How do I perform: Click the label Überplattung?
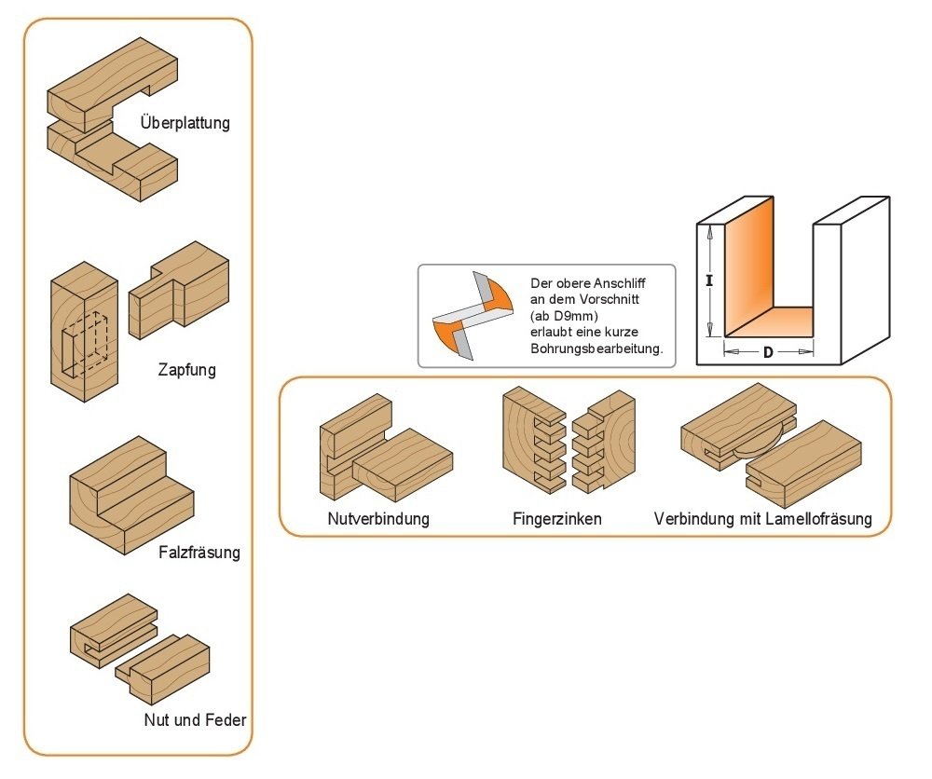click(x=185, y=122)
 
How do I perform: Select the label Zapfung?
click(x=186, y=370)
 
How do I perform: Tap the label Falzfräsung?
click(x=199, y=552)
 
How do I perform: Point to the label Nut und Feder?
click(x=195, y=720)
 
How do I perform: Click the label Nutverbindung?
click(x=378, y=519)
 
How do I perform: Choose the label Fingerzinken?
click(x=556, y=519)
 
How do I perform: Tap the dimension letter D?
click(x=768, y=352)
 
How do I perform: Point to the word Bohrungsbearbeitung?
click(x=596, y=349)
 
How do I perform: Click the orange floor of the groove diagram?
click(x=770, y=322)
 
